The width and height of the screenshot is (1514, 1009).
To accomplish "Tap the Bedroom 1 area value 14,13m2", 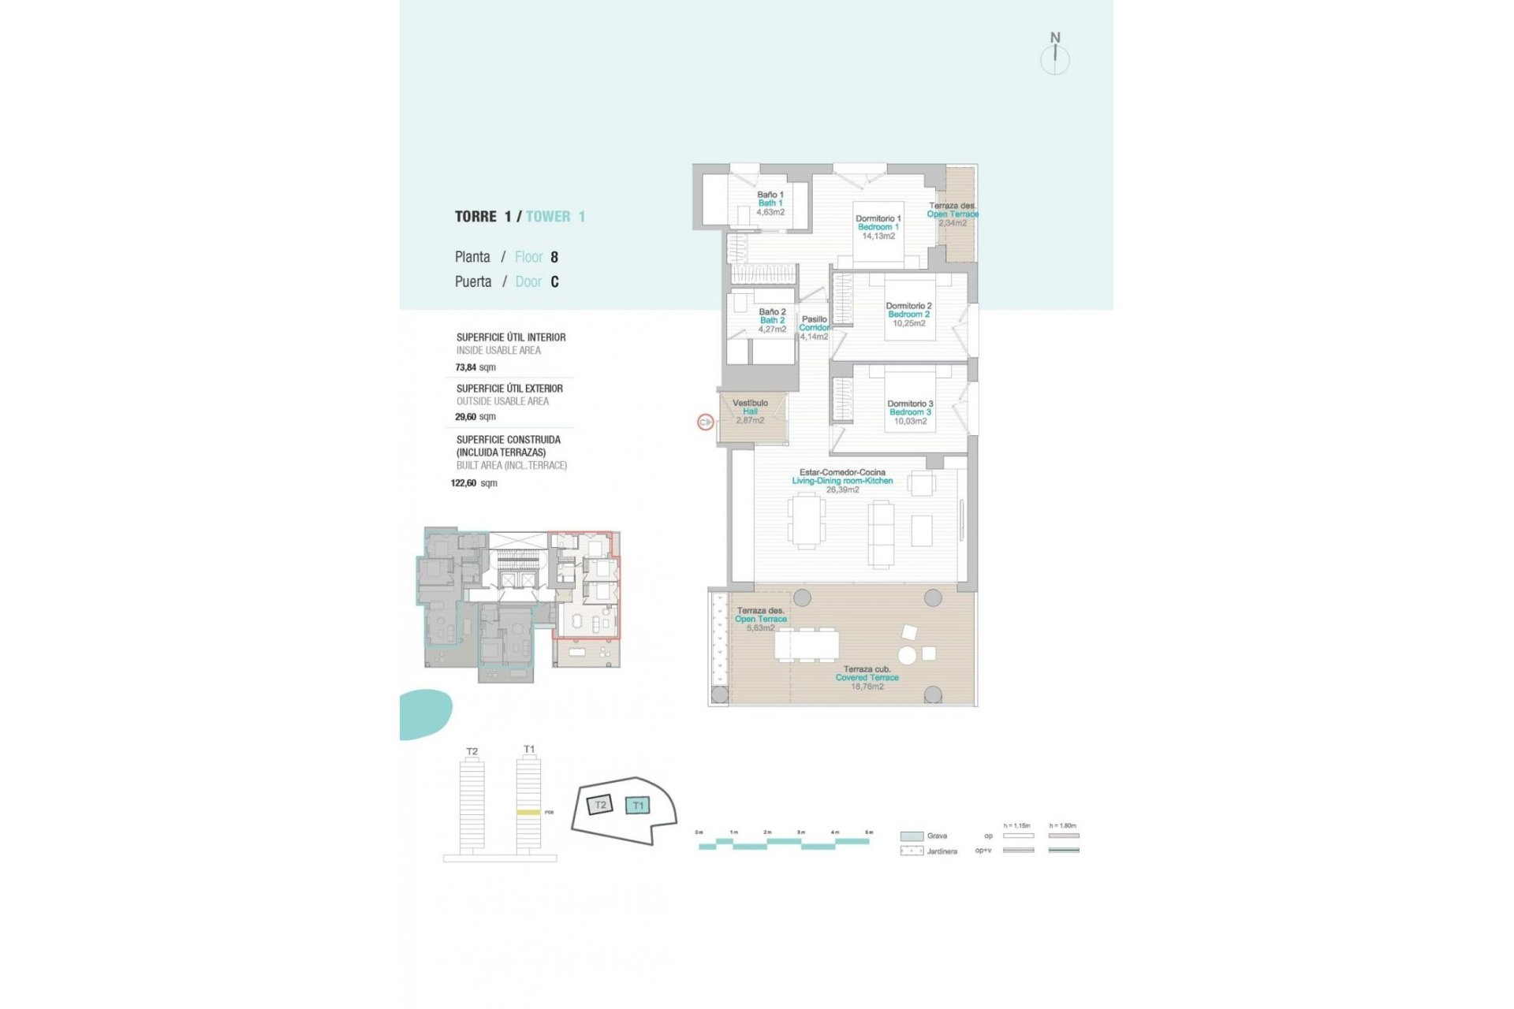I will [878, 236].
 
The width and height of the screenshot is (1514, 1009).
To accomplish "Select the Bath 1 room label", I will [770, 203].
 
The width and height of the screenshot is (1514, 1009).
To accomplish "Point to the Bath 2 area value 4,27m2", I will [772, 330].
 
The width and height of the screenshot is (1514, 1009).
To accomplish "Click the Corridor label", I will [815, 328].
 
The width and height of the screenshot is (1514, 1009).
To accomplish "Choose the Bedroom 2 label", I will [908, 315].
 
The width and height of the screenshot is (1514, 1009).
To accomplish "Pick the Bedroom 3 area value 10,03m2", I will [910, 421].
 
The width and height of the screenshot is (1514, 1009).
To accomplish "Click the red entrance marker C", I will [705, 423].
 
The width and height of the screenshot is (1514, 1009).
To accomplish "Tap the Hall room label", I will [750, 411].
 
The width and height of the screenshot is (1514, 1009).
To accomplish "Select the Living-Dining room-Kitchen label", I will [842, 481].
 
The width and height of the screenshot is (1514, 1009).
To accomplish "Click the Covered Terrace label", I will [867, 678].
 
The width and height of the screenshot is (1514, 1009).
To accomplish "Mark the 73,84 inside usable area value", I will [466, 367].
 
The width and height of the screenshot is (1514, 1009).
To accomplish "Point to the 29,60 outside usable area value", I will [465, 417].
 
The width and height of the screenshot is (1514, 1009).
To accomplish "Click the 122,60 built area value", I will [464, 483].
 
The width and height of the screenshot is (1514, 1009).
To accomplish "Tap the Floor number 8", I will [554, 257].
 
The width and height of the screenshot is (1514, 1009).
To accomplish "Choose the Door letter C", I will [554, 282].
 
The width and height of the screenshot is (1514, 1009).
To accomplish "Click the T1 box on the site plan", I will [637, 806].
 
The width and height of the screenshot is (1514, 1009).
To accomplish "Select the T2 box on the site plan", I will [600, 805].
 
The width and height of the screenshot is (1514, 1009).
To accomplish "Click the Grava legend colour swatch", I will [912, 836].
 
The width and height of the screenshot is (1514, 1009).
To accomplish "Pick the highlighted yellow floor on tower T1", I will [528, 812].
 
